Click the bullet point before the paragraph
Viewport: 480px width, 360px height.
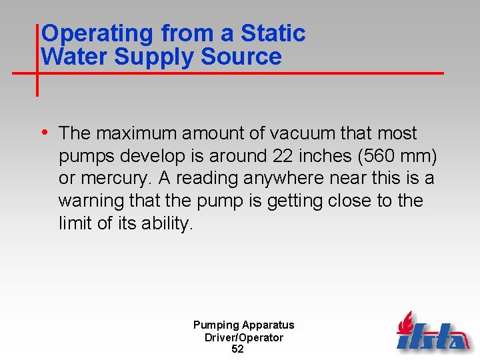tap(46, 132)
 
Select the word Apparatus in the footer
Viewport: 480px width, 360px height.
tap(267, 325)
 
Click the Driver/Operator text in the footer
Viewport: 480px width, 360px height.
tap(244, 337)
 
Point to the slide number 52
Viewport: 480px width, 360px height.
tap(237, 349)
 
